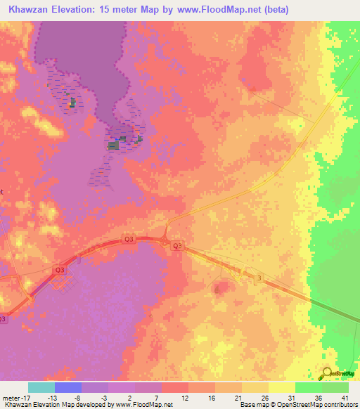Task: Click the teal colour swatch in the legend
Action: click(41, 387)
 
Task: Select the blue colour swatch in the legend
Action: click(68, 387)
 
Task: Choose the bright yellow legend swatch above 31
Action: click(281, 387)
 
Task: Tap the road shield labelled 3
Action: click(259, 278)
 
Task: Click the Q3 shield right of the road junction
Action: click(178, 246)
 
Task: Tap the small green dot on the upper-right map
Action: click(302, 126)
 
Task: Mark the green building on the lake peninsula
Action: click(112, 145)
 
